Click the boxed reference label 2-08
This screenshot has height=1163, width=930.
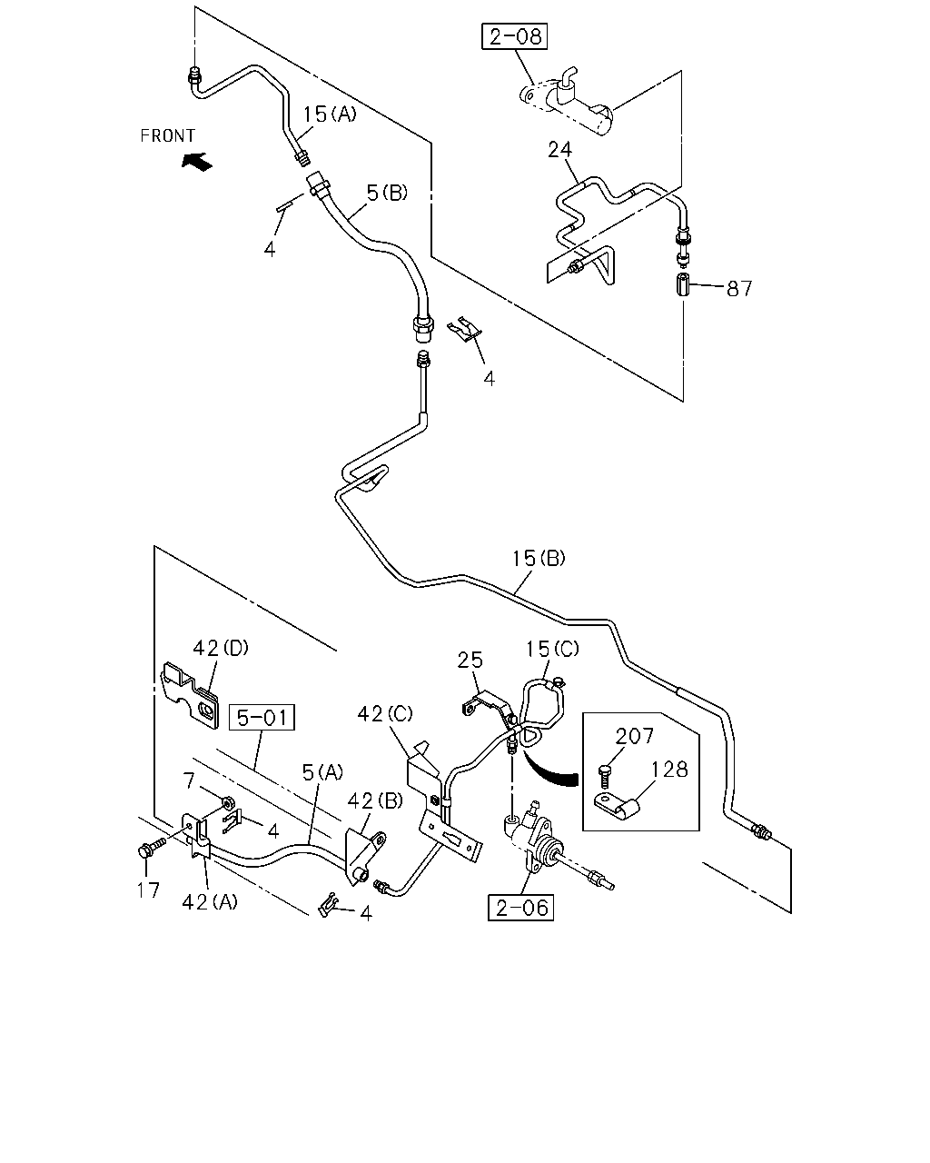514,36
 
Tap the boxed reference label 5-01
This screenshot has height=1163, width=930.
262,717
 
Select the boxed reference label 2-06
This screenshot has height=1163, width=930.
520,908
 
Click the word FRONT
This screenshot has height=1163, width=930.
167,135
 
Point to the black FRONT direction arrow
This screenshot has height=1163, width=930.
197,161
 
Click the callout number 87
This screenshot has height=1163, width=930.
738,289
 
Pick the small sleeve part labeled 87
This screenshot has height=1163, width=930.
684,284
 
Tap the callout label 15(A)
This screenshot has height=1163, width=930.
330,114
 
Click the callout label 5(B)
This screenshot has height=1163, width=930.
387,193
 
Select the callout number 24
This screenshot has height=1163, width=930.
559,149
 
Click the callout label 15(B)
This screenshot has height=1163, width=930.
539,558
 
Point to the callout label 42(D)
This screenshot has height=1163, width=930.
221,648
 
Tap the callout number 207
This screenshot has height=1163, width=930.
635,736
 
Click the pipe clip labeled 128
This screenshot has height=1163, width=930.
617,809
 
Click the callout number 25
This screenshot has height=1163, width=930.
470,660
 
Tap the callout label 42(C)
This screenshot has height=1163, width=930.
385,714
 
